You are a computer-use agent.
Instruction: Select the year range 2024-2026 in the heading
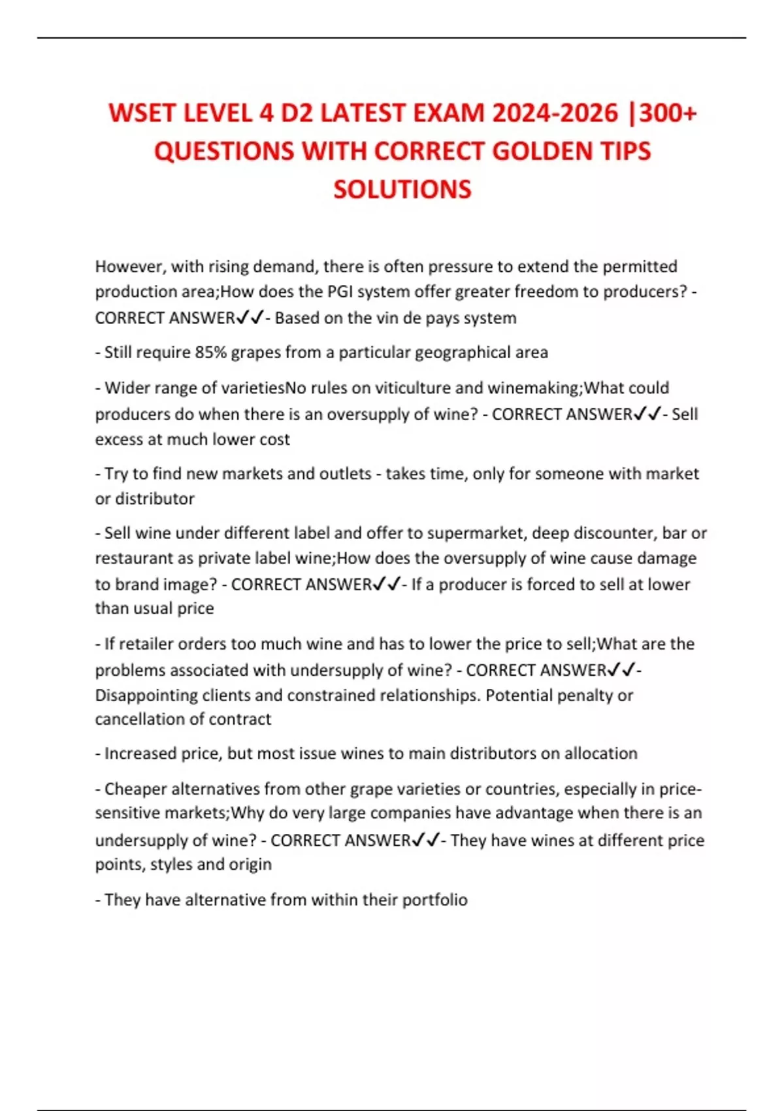click(555, 113)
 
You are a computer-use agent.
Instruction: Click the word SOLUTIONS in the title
click(402, 190)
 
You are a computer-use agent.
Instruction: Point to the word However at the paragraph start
click(130, 267)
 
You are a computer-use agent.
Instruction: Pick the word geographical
click(469, 352)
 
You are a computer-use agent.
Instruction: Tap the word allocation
click(600, 753)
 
